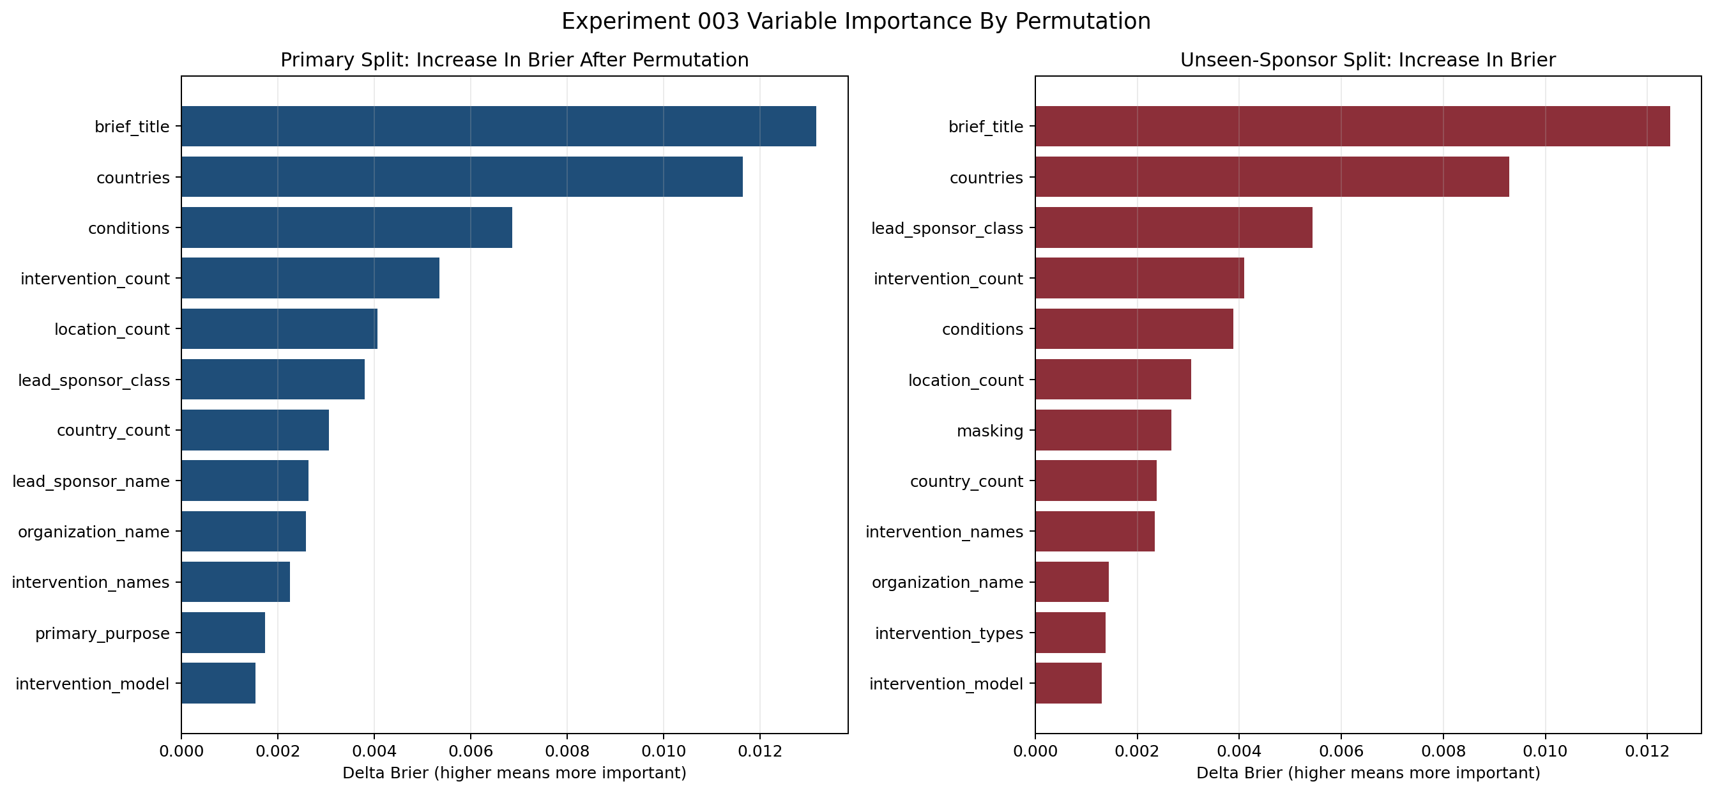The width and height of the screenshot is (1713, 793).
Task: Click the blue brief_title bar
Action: (498, 126)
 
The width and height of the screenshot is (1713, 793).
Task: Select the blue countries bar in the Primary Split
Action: (462, 177)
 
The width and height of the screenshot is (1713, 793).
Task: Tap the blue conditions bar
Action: (346, 227)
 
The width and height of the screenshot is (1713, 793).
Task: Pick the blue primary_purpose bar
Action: (223, 632)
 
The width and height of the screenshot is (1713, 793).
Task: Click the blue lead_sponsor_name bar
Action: (245, 481)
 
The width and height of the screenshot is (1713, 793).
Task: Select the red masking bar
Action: (1102, 430)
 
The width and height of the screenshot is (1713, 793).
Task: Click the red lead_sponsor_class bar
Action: (1173, 227)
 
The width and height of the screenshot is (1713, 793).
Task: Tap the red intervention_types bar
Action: (1070, 632)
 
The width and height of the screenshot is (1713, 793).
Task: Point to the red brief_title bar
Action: (1352, 126)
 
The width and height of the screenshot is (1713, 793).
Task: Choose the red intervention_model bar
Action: (1068, 682)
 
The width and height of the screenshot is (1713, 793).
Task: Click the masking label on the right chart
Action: (989, 431)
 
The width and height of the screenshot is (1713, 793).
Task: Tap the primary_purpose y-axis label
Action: (102, 633)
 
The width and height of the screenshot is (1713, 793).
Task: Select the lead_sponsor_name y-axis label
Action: (91, 481)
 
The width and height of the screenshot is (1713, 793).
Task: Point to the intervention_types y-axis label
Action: (948, 633)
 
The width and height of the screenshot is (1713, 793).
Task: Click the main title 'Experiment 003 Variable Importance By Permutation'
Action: (856, 21)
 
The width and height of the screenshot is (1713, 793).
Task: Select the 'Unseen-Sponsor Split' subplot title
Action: (1367, 60)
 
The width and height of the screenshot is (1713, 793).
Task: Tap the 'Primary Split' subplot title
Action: (514, 60)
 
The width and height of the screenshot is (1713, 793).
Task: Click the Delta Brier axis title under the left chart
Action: (514, 773)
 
